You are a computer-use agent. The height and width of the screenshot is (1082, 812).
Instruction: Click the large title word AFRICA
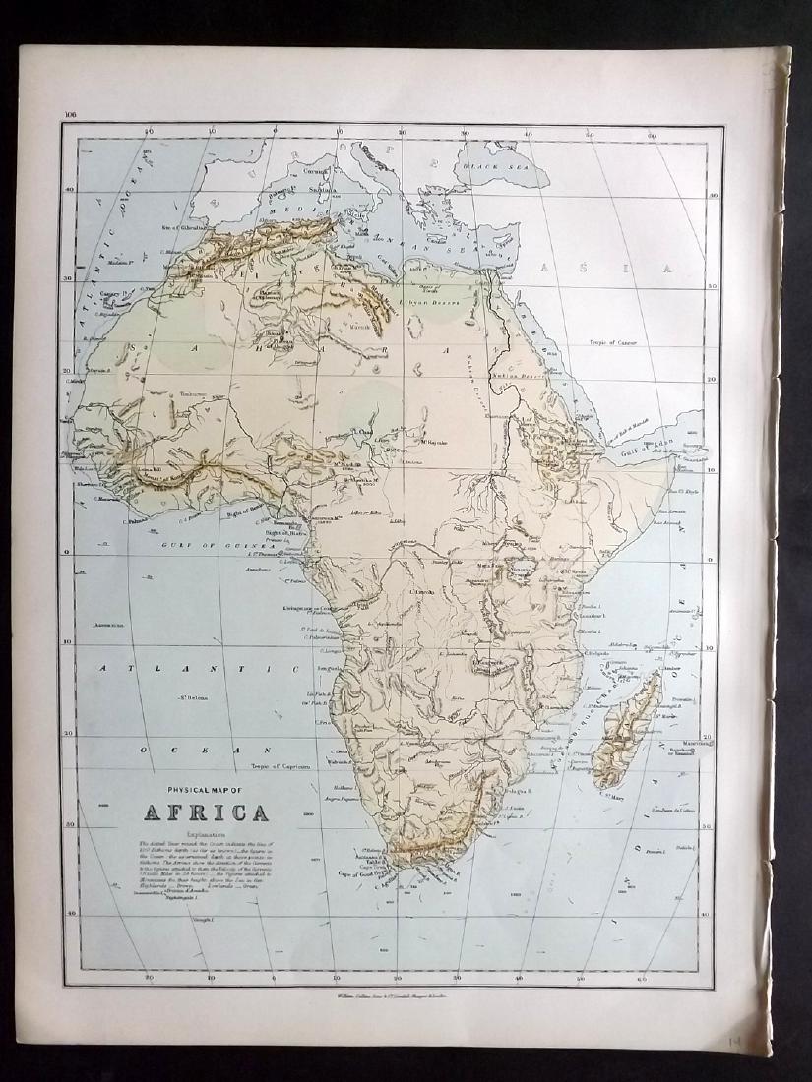pos(207,812)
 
